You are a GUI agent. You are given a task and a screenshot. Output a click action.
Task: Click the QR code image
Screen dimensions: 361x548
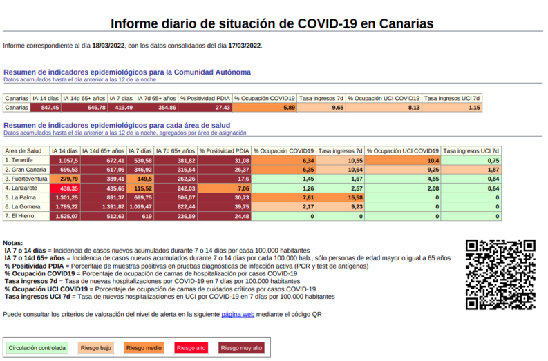pos(500,274)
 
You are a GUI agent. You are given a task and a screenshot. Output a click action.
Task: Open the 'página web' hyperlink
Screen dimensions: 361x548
pos(238,314)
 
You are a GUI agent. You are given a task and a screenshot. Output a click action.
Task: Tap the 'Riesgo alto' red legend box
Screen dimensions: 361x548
pos(191,348)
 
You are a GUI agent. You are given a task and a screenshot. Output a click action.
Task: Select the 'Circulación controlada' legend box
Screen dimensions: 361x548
pos(37,348)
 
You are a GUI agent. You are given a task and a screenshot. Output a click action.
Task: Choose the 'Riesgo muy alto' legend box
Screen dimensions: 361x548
pos(241,348)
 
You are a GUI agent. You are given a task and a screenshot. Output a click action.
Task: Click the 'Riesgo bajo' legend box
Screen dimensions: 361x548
pos(95,348)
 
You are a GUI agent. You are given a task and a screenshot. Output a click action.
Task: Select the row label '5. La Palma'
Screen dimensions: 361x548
pos(21,197)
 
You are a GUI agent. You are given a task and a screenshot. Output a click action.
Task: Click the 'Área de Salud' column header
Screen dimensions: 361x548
pos(23,150)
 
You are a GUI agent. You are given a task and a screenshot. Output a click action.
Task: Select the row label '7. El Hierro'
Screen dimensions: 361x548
pos(21,216)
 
